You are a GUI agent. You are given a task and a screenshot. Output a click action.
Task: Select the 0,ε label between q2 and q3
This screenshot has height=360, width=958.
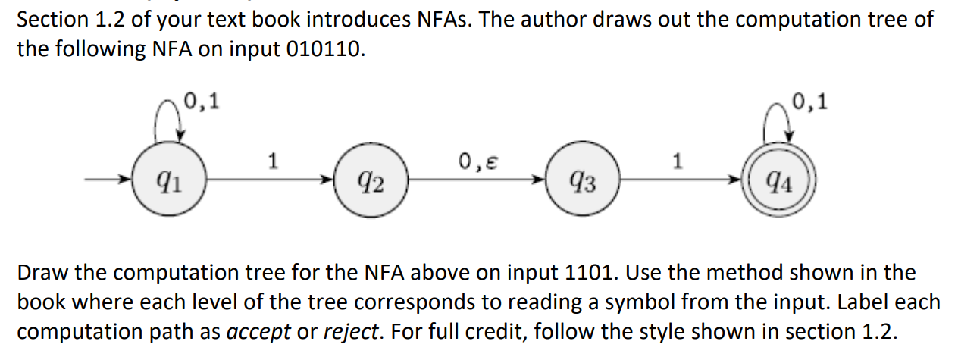click(x=473, y=160)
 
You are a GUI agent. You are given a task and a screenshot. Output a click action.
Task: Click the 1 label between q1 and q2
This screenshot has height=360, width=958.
click(x=273, y=160)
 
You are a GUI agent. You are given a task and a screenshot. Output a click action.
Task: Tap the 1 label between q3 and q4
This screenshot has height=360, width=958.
click(x=678, y=160)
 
